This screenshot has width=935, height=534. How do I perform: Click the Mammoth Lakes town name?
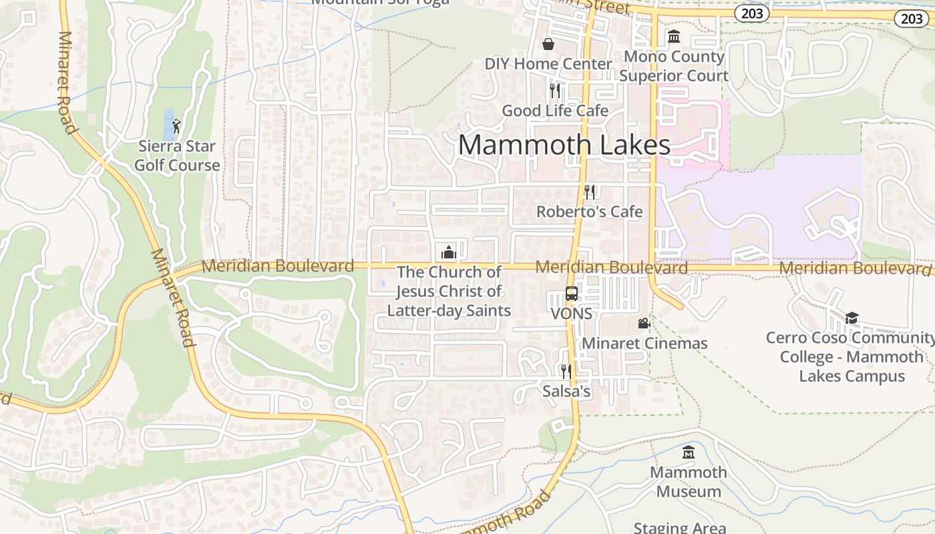click(x=564, y=145)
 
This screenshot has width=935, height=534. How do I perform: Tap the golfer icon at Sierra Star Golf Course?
click(x=176, y=125)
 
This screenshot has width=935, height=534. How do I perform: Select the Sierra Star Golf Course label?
click(x=177, y=156)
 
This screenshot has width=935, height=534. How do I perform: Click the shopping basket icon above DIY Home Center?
click(x=548, y=44)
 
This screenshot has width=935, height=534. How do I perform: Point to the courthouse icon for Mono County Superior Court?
click(x=674, y=36)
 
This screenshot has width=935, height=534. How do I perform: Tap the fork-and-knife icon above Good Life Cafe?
click(x=555, y=90)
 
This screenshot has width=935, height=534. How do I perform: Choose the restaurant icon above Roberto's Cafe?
click(x=590, y=192)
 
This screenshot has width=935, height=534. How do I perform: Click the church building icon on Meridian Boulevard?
click(x=449, y=252)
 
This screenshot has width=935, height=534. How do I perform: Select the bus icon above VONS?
click(x=572, y=293)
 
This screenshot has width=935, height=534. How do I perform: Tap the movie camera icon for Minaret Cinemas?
click(x=644, y=324)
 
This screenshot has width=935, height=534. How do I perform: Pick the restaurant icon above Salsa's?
click(x=566, y=371)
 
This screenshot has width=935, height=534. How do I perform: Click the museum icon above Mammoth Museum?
click(x=689, y=453)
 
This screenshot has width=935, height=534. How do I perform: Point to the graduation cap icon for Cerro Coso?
click(x=852, y=318)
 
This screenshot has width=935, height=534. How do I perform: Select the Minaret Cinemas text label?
click(x=644, y=343)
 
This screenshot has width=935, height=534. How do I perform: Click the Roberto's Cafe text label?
click(x=590, y=212)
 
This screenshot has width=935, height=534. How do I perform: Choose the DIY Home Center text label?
click(x=548, y=64)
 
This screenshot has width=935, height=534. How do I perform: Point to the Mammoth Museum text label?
click(x=689, y=482)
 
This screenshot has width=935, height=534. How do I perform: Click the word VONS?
click(x=572, y=313)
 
